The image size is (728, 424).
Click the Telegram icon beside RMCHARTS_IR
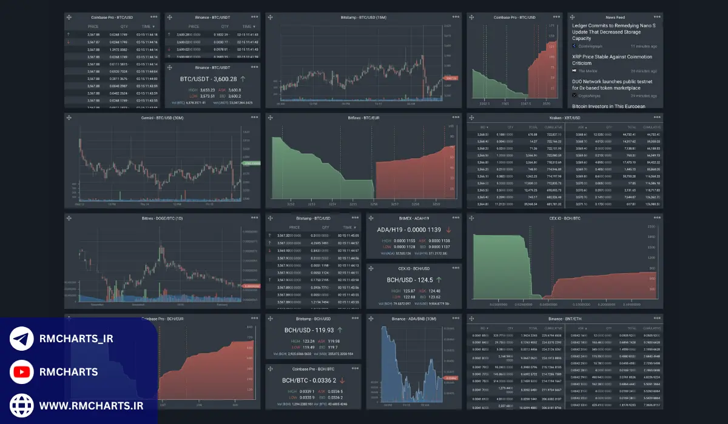(22, 339)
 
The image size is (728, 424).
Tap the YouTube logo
(22, 372)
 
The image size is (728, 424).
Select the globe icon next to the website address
(22, 405)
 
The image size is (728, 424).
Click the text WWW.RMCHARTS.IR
(91, 405)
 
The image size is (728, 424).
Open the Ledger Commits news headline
(616, 32)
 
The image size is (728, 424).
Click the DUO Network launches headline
(613, 85)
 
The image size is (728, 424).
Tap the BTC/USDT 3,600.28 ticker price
(207, 79)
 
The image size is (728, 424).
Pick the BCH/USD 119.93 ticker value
(309, 330)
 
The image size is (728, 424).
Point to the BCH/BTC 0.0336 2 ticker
(309, 380)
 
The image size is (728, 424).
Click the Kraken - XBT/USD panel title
(564, 118)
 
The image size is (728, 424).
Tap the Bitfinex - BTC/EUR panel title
(362, 118)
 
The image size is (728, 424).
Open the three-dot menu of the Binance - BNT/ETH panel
(655, 318)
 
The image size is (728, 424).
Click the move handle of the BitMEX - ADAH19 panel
(371, 217)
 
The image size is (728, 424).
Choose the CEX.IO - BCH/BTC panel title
(564, 217)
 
